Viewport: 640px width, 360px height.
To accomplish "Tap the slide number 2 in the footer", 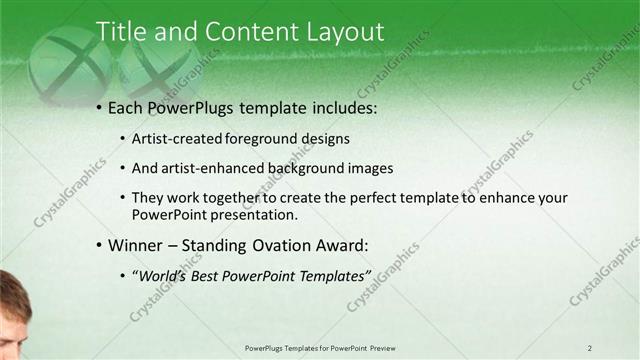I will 590,348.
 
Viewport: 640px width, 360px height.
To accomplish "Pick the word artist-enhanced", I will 209,168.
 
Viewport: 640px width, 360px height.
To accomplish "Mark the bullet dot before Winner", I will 99,245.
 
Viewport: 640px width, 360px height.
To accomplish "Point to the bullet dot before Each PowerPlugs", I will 99,108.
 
